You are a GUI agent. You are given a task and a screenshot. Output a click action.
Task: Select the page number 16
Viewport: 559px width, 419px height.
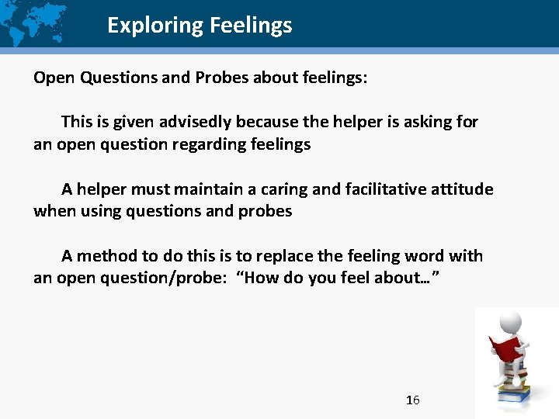click(x=413, y=400)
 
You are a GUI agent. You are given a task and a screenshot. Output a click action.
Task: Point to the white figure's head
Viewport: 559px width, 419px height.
click(x=509, y=321)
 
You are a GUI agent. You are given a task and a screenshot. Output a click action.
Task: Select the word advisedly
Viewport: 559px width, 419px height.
click(x=197, y=122)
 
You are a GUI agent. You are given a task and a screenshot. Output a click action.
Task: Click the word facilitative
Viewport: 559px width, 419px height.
click(x=358, y=189)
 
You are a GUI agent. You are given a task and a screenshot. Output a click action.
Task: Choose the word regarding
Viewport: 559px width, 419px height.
click(x=211, y=144)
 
